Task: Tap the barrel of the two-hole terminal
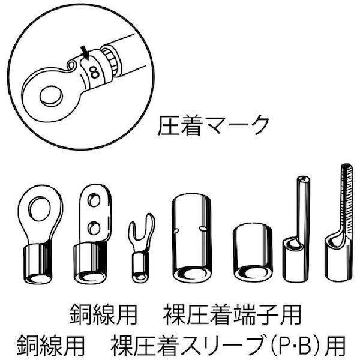[x=88, y=264]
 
